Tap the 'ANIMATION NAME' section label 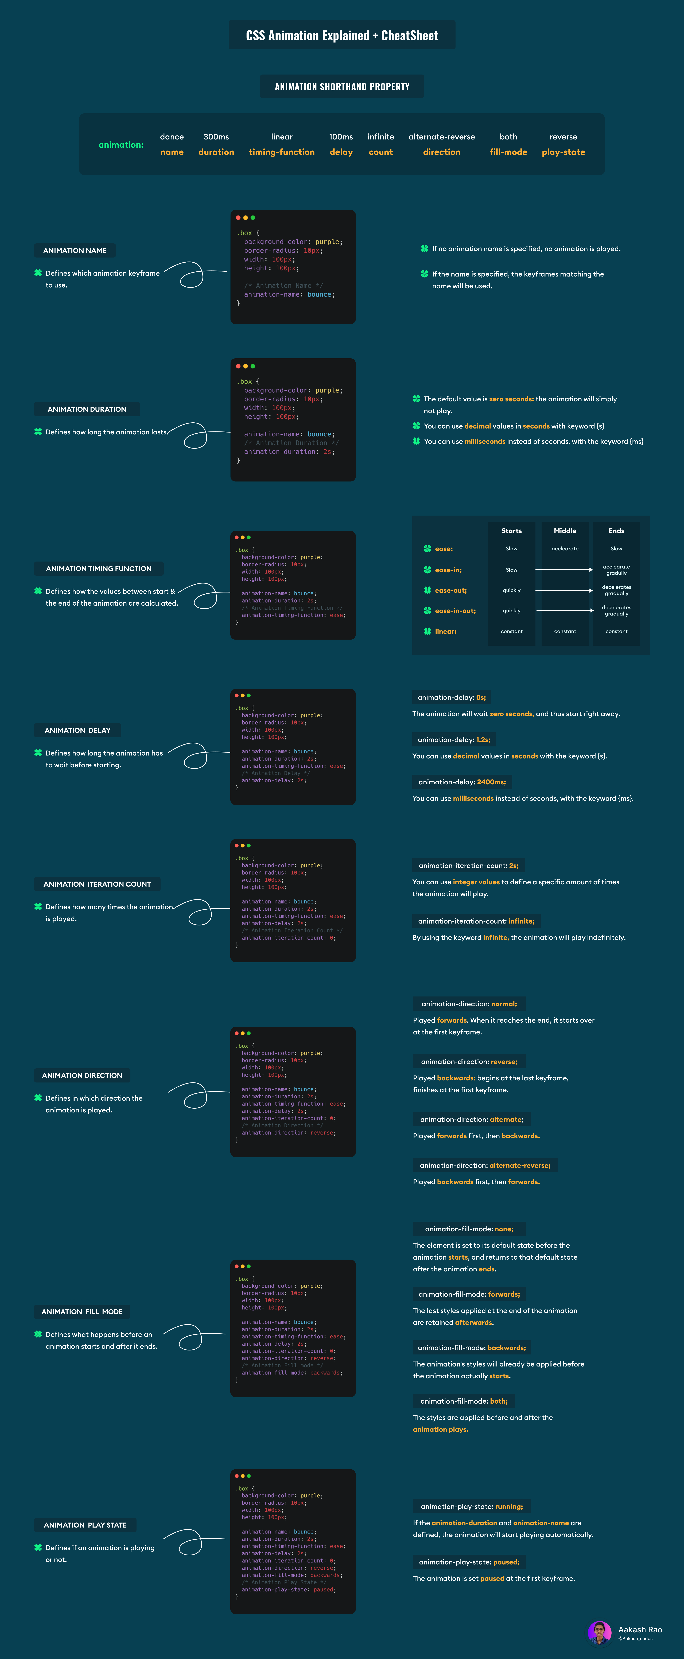tap(75, 251)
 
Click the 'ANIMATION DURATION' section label tap(87, 410)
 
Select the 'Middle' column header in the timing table tap(565, 531)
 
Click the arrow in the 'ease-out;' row tap(563, 591)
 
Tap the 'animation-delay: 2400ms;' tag tap(462, 782)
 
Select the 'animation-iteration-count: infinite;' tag tap(476, 921)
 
